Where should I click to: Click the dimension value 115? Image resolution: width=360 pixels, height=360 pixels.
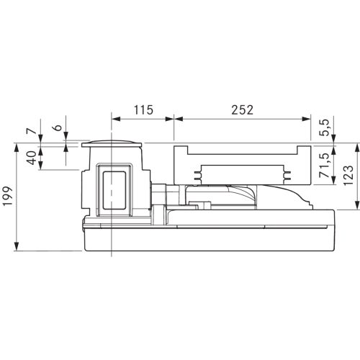pos(143,110)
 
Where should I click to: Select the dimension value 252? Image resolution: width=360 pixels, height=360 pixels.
pos(243,110)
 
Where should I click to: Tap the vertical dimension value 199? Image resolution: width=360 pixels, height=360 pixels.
pos(8,196)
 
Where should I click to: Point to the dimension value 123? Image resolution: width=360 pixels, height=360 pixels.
pos(348,176)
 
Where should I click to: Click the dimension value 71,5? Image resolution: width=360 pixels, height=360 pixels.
pos(325,165)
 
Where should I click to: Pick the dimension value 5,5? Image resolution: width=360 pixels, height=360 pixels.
pos(325,128)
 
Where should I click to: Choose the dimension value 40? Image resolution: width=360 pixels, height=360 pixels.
pos(32,158)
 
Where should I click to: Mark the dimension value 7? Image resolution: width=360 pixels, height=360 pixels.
pos(32,131)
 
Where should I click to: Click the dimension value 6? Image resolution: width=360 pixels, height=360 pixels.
pos(58,127)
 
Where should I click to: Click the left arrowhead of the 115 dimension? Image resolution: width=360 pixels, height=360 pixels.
pos(116,119)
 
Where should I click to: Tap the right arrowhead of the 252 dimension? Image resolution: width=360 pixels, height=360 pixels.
pos(306,119)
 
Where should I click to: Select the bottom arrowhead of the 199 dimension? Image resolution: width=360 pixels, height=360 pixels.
pos(17,246)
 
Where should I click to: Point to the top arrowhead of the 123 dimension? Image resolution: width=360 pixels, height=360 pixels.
pos(357,147)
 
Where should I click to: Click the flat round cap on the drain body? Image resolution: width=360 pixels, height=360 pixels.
pos(112,143)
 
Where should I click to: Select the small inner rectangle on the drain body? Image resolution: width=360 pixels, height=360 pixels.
pos(114,190)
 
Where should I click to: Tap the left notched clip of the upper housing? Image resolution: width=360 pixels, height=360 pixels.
pos(197,176)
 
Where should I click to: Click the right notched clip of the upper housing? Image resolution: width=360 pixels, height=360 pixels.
pos(287,176)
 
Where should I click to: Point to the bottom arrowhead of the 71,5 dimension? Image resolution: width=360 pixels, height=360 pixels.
pos(333,180)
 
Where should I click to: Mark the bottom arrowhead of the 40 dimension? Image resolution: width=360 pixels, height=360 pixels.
pos(40,166)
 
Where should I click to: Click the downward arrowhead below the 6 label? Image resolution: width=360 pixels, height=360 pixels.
pos(66,136)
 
